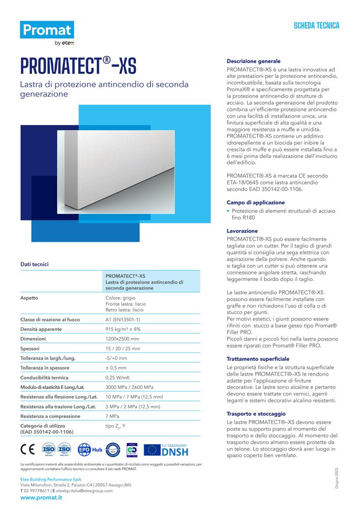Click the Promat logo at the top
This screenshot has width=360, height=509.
coord(47,31)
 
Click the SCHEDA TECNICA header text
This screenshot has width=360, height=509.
coord(316,25)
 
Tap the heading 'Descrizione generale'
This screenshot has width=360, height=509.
coord(253,61)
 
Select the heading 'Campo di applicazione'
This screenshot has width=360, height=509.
coord(256,202)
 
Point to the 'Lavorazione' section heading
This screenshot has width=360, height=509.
coord(242,231)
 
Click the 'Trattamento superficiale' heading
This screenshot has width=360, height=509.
coord(258,358)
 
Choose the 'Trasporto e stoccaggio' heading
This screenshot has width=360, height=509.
coord(256,414)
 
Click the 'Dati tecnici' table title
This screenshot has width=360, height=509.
coord(35,264)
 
